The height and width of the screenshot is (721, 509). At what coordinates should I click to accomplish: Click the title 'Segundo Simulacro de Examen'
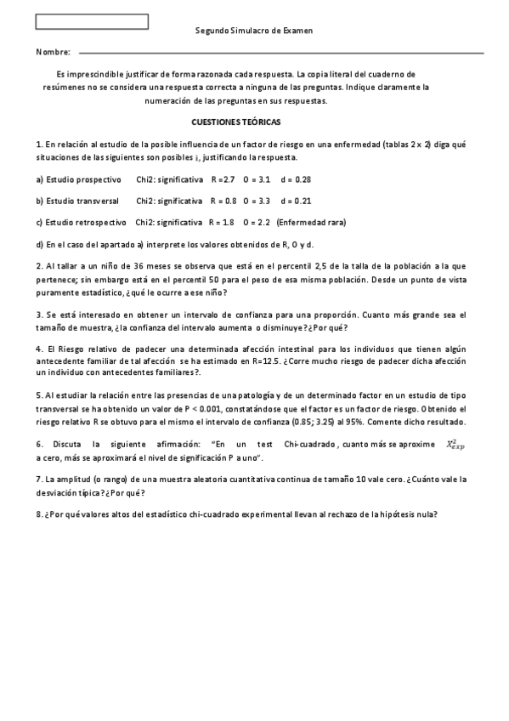click(253, 31)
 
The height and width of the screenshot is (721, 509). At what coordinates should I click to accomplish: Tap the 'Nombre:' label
click(53, 53)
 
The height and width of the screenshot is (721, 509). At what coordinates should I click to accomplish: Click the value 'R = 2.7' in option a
click(223, 179)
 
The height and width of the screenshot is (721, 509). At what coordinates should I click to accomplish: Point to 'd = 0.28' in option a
click(296, 179)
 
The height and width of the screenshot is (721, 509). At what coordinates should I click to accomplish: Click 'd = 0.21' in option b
click(296, 202)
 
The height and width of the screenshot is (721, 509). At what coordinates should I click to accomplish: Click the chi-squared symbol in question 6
click(455, 445)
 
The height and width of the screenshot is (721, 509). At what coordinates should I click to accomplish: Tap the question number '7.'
click(40, 480)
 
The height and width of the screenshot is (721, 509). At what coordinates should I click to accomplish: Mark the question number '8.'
click(40, 514)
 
